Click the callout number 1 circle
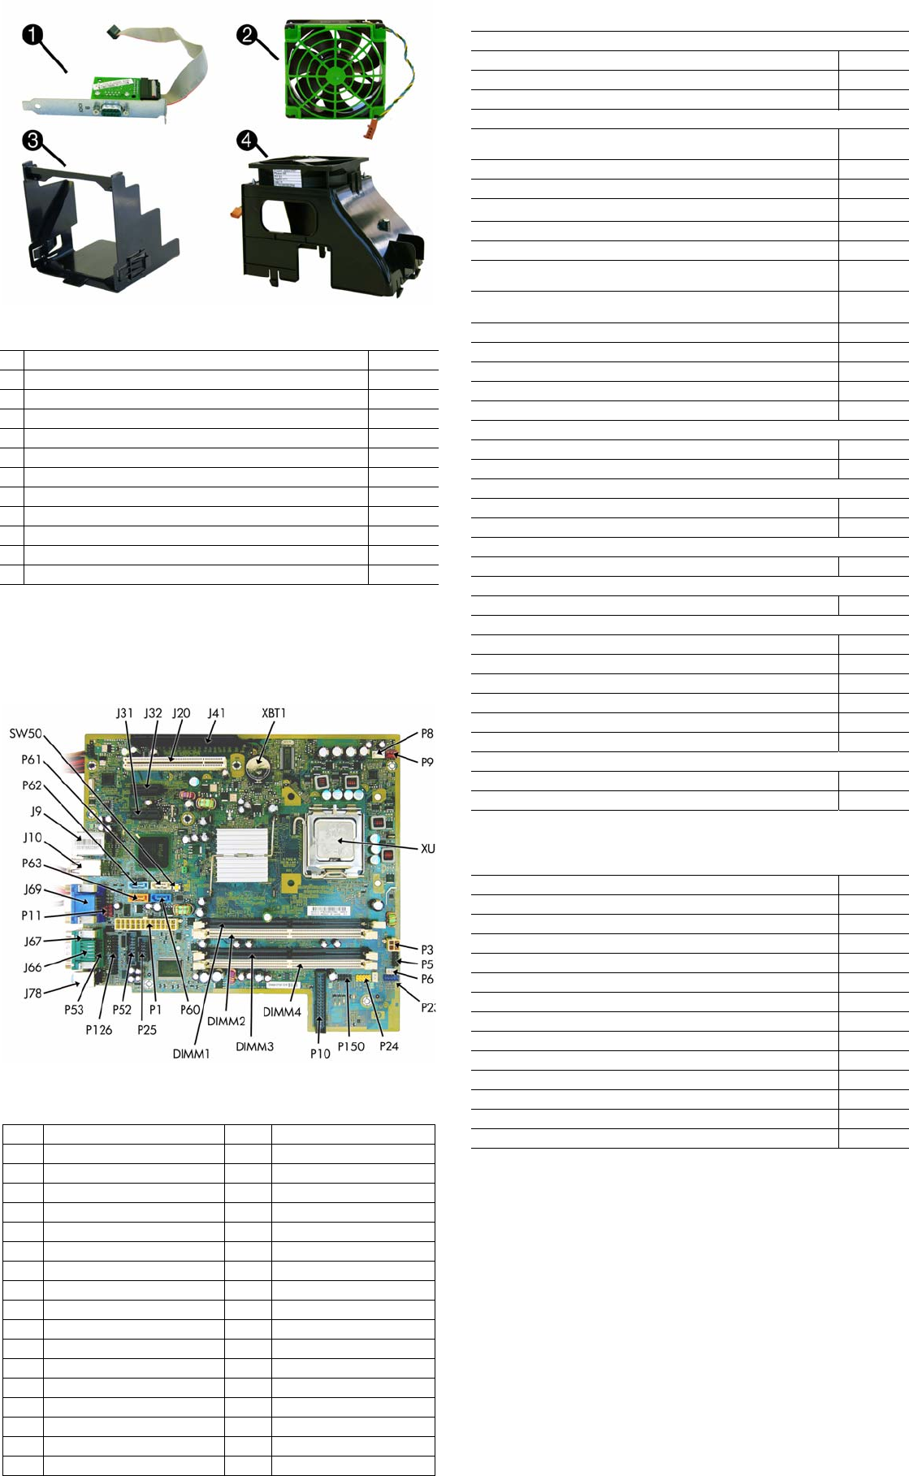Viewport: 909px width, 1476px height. (33, 35)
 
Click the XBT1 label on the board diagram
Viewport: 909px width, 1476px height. (274, 713)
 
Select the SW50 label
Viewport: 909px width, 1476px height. (25, 734)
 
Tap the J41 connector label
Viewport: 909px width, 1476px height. (216, 713)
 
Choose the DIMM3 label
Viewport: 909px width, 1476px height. (254, 1046)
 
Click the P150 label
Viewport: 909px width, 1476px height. (351, 1046)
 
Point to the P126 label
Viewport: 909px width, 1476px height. (98, 1030)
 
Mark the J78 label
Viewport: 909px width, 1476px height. (32, 993)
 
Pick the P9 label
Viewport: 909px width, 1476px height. (426, 762)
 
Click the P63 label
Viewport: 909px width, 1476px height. (31, 864)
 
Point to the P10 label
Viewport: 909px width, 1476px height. (320, 1054)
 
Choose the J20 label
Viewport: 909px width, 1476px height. (180, 713)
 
